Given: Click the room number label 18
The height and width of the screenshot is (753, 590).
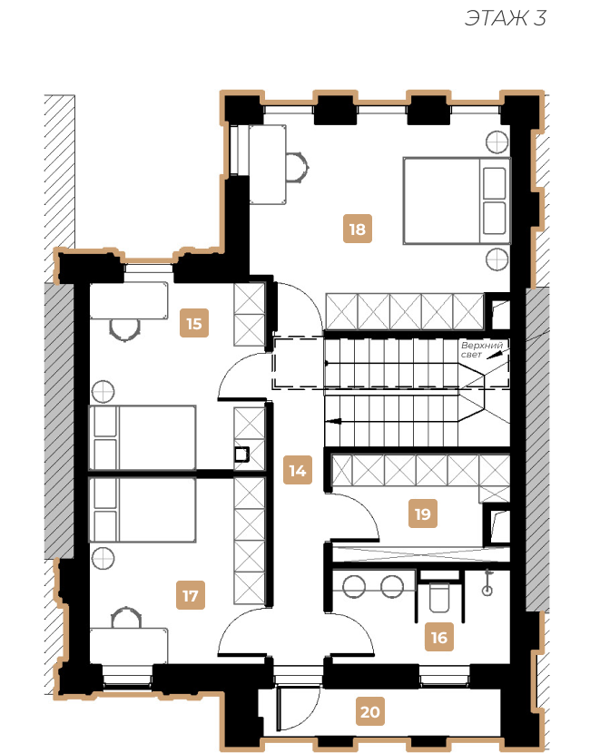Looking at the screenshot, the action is coord(358,229).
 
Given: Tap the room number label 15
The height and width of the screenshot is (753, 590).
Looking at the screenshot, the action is coord(194,323).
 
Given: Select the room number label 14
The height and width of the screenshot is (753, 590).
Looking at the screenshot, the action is coord(298,470).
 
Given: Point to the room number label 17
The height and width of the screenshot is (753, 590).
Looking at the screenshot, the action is coord(191,595).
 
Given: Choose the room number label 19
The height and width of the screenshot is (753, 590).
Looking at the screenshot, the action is coord(423,513).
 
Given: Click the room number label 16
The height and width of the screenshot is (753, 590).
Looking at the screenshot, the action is coord(439,637).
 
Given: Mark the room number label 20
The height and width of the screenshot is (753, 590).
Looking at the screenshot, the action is coord(370,711).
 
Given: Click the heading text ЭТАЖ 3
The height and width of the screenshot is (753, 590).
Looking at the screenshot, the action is coord(505,18).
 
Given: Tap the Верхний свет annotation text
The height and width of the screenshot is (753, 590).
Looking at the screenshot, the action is coord(481,349).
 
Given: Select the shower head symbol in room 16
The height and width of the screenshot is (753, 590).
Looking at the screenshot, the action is coord(487,582).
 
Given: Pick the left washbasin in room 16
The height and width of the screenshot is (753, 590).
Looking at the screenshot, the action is coord(354,586).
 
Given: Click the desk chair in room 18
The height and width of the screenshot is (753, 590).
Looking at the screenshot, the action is coord(298,167).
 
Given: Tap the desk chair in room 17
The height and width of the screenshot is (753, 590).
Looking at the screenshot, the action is coord(126,617).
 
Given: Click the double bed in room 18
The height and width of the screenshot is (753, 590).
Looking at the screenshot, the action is coord(457,200).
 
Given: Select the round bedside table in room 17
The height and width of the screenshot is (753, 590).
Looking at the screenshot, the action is coord(103,559).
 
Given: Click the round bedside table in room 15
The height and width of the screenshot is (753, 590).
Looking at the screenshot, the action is coord(103,391).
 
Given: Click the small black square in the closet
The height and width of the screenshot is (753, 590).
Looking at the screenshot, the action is coord(241,455).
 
